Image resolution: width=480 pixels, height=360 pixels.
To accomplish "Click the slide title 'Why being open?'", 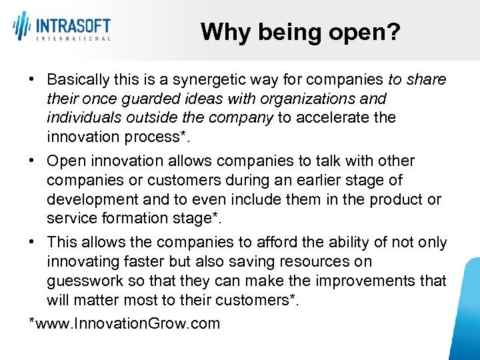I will point(300,31).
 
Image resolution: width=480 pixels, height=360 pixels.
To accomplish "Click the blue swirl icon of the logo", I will point(21,27).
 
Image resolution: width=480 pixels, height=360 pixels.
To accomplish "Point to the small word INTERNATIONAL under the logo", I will point(73,39).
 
